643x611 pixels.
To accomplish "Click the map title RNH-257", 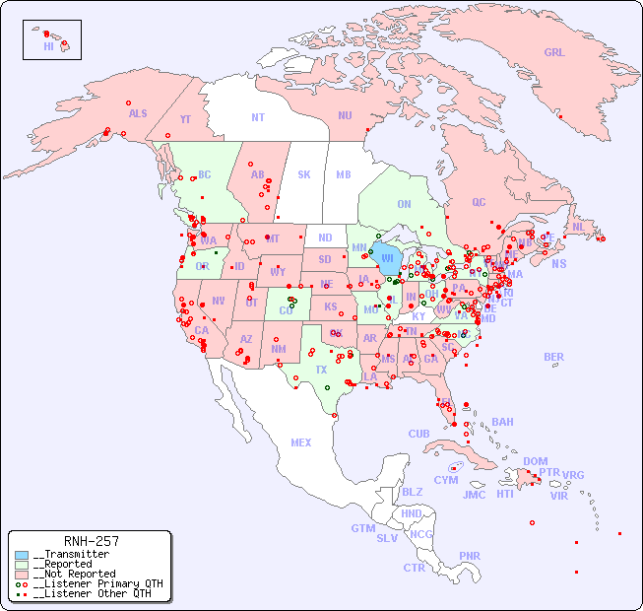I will coord(91,541).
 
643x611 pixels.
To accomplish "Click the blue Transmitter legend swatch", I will coord(22,555).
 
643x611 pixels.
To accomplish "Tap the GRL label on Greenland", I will coord(554,53).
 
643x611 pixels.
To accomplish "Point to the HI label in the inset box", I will coord(48,46).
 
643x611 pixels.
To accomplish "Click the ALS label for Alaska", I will coord(138,113).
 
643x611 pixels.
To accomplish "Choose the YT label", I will coord(185,119).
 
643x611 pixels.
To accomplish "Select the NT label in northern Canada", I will coord(258,117).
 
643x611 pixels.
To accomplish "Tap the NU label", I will coord(345,115).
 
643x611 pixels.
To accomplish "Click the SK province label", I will coord(304,174).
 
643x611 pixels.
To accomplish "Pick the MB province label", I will coord(344,174).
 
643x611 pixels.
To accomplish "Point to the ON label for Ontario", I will coord(404,204).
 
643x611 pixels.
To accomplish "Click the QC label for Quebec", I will coord(479,202).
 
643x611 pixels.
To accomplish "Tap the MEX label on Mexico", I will coord(301,442).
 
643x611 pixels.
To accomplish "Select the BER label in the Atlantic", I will coord(554,357).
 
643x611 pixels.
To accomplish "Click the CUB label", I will coord(418,434).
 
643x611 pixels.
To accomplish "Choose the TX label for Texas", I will coord(321,370).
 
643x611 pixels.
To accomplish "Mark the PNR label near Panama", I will coord(470,556).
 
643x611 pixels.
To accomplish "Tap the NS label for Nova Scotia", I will coord(558,263).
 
